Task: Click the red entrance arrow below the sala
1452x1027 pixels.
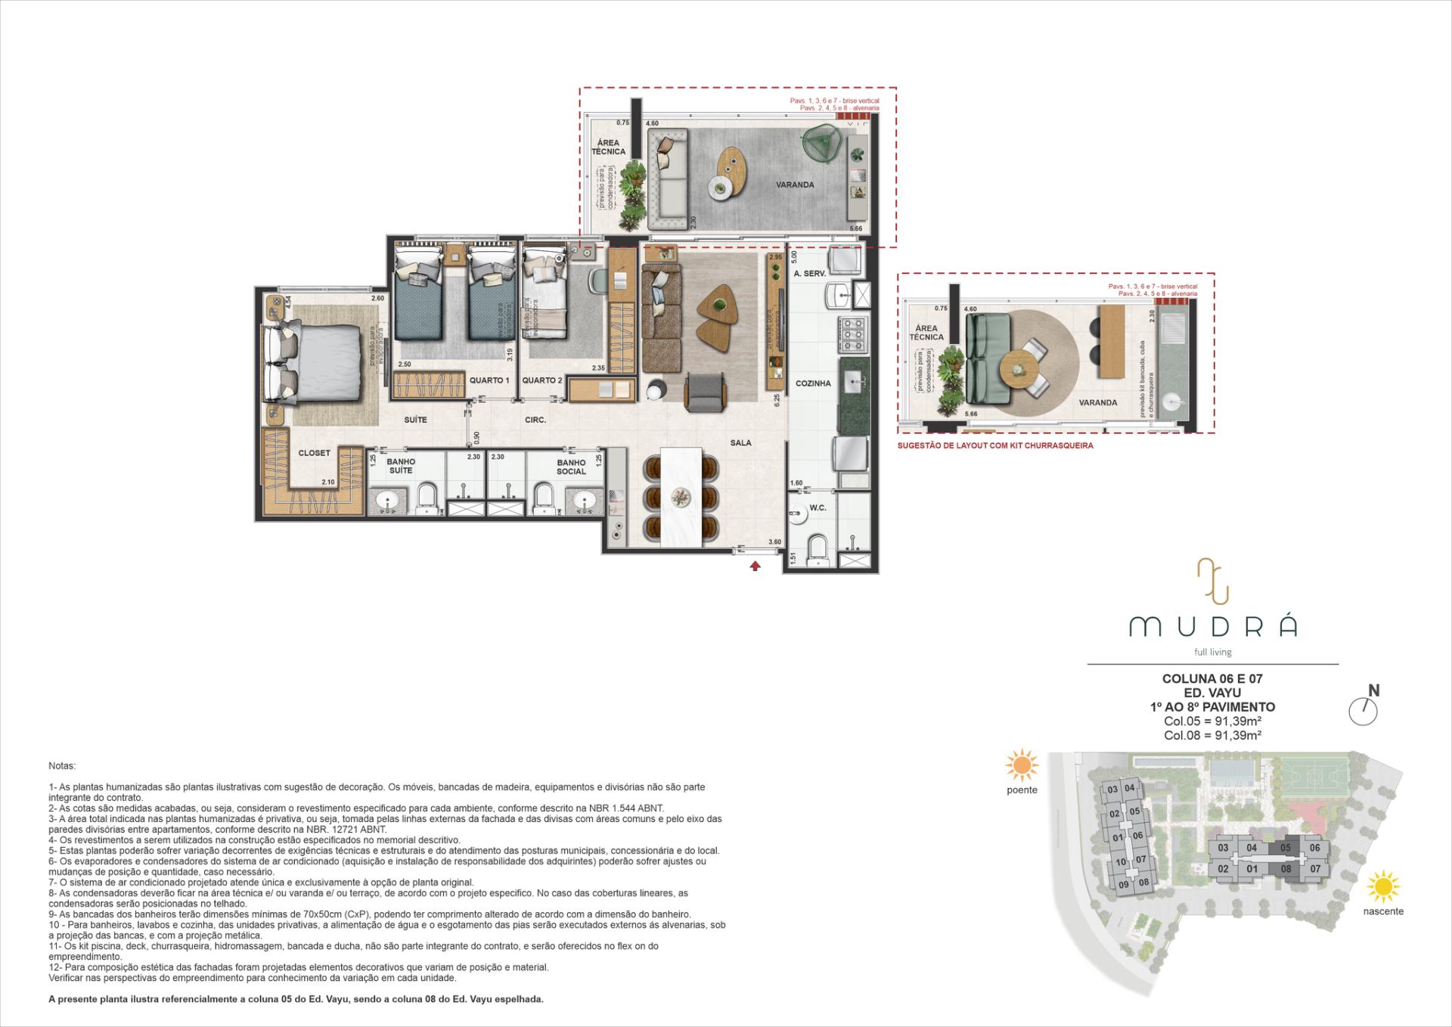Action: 755,565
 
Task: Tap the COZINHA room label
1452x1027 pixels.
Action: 813,383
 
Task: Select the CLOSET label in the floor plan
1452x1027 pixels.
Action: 314,453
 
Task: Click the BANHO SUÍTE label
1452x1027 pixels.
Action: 401,466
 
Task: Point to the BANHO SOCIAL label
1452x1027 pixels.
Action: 571,467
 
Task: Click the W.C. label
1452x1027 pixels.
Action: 818,508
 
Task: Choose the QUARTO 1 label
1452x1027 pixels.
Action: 489,380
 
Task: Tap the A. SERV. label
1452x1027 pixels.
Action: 809,274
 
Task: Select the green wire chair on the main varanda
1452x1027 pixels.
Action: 822,142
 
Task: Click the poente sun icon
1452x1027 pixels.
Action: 1022,766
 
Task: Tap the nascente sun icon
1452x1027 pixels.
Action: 1384,887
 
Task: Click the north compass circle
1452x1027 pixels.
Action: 1364,712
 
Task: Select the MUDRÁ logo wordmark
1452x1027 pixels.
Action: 1213,626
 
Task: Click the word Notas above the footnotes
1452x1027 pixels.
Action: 62,766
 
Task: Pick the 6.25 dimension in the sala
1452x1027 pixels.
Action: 777,400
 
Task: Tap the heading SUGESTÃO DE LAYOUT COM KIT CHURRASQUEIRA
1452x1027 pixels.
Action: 995,445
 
